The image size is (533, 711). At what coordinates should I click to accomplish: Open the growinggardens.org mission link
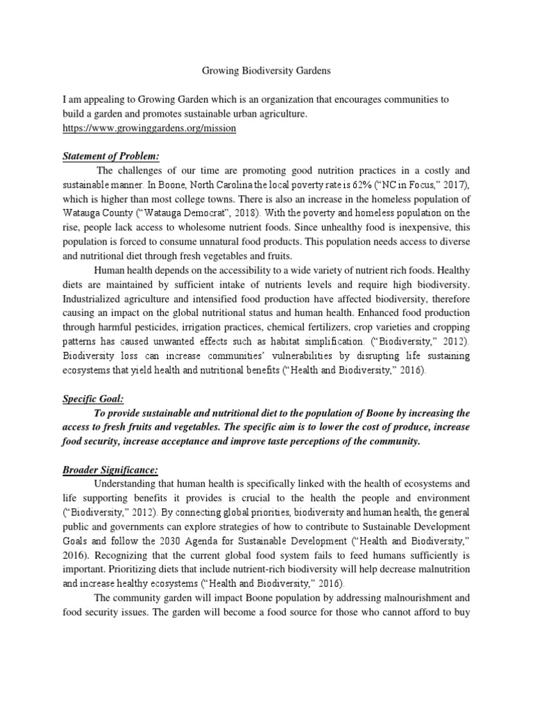point(149,129)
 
